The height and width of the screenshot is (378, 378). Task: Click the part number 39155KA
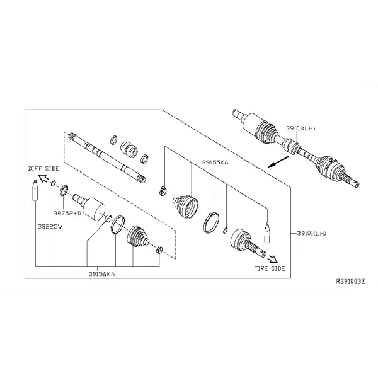[215, 163]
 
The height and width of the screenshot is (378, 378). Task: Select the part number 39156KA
[101, 274]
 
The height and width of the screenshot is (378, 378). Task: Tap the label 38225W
[50, 227]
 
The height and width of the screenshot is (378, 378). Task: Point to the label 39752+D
[67, 214]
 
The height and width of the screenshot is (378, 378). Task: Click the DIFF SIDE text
[43, 168]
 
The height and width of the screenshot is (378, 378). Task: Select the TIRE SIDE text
[270, 268]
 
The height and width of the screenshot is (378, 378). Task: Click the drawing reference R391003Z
[350, 281]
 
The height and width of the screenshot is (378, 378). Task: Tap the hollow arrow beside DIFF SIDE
[43, 179]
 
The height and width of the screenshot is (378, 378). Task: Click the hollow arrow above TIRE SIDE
[273, 259]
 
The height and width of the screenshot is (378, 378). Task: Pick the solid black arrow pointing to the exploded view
[278, 162]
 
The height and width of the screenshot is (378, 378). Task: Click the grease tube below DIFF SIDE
[35, 190]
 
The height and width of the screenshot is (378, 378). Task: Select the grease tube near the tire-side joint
[267, 232]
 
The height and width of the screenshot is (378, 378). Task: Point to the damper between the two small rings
[129, 150]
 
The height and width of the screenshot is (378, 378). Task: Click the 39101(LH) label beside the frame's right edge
[311, 233]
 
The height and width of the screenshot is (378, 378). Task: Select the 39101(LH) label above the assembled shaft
[301, 129]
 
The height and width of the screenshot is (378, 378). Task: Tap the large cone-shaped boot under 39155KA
[185, 207]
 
